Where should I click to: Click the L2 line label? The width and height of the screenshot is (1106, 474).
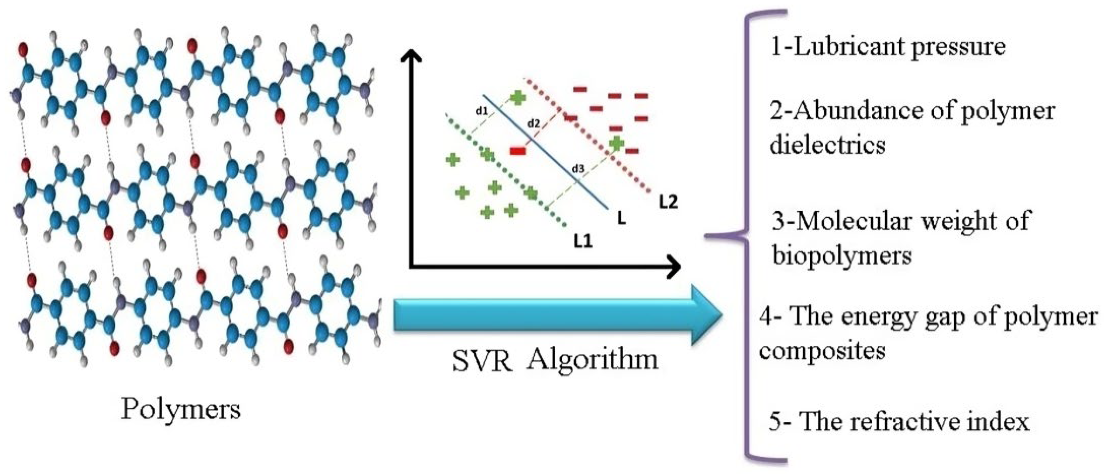point(669,202)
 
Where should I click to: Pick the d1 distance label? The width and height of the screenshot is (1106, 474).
point(481,110)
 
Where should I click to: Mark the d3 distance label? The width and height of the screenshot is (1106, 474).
point(578,169)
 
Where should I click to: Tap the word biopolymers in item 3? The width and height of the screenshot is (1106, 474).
point(842,256)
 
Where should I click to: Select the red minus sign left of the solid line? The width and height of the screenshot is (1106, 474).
point(518,150)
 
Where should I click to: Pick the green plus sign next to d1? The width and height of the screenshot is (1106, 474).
point(518,98)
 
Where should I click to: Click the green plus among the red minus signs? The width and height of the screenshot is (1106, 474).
point(616,143)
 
